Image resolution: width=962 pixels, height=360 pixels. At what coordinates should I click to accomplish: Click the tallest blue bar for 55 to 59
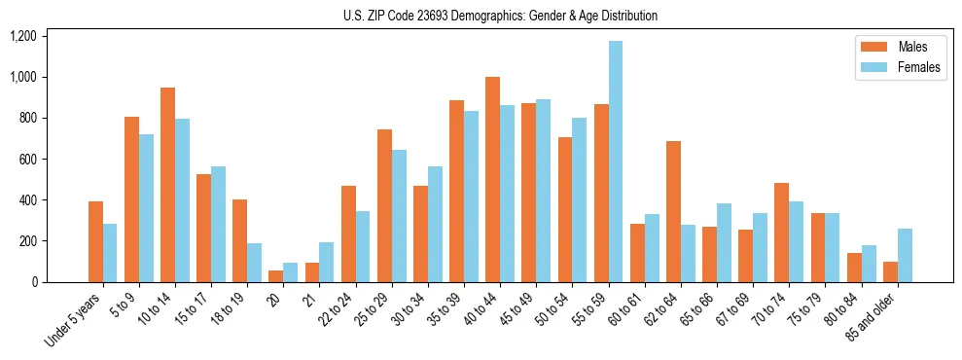(615, 162)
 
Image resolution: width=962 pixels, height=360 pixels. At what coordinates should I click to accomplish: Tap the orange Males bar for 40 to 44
(492, 180)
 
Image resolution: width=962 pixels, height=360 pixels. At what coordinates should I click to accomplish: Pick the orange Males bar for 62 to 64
(673, 212)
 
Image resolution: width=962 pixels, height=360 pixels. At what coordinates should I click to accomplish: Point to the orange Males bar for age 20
(275, 276)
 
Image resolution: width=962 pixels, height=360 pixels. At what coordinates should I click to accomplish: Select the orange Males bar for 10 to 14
(168, 185)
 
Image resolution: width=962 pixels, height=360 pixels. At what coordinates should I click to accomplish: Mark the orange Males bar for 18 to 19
(239, 240)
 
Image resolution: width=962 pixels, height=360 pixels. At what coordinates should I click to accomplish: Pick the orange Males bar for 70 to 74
(781, 233)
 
